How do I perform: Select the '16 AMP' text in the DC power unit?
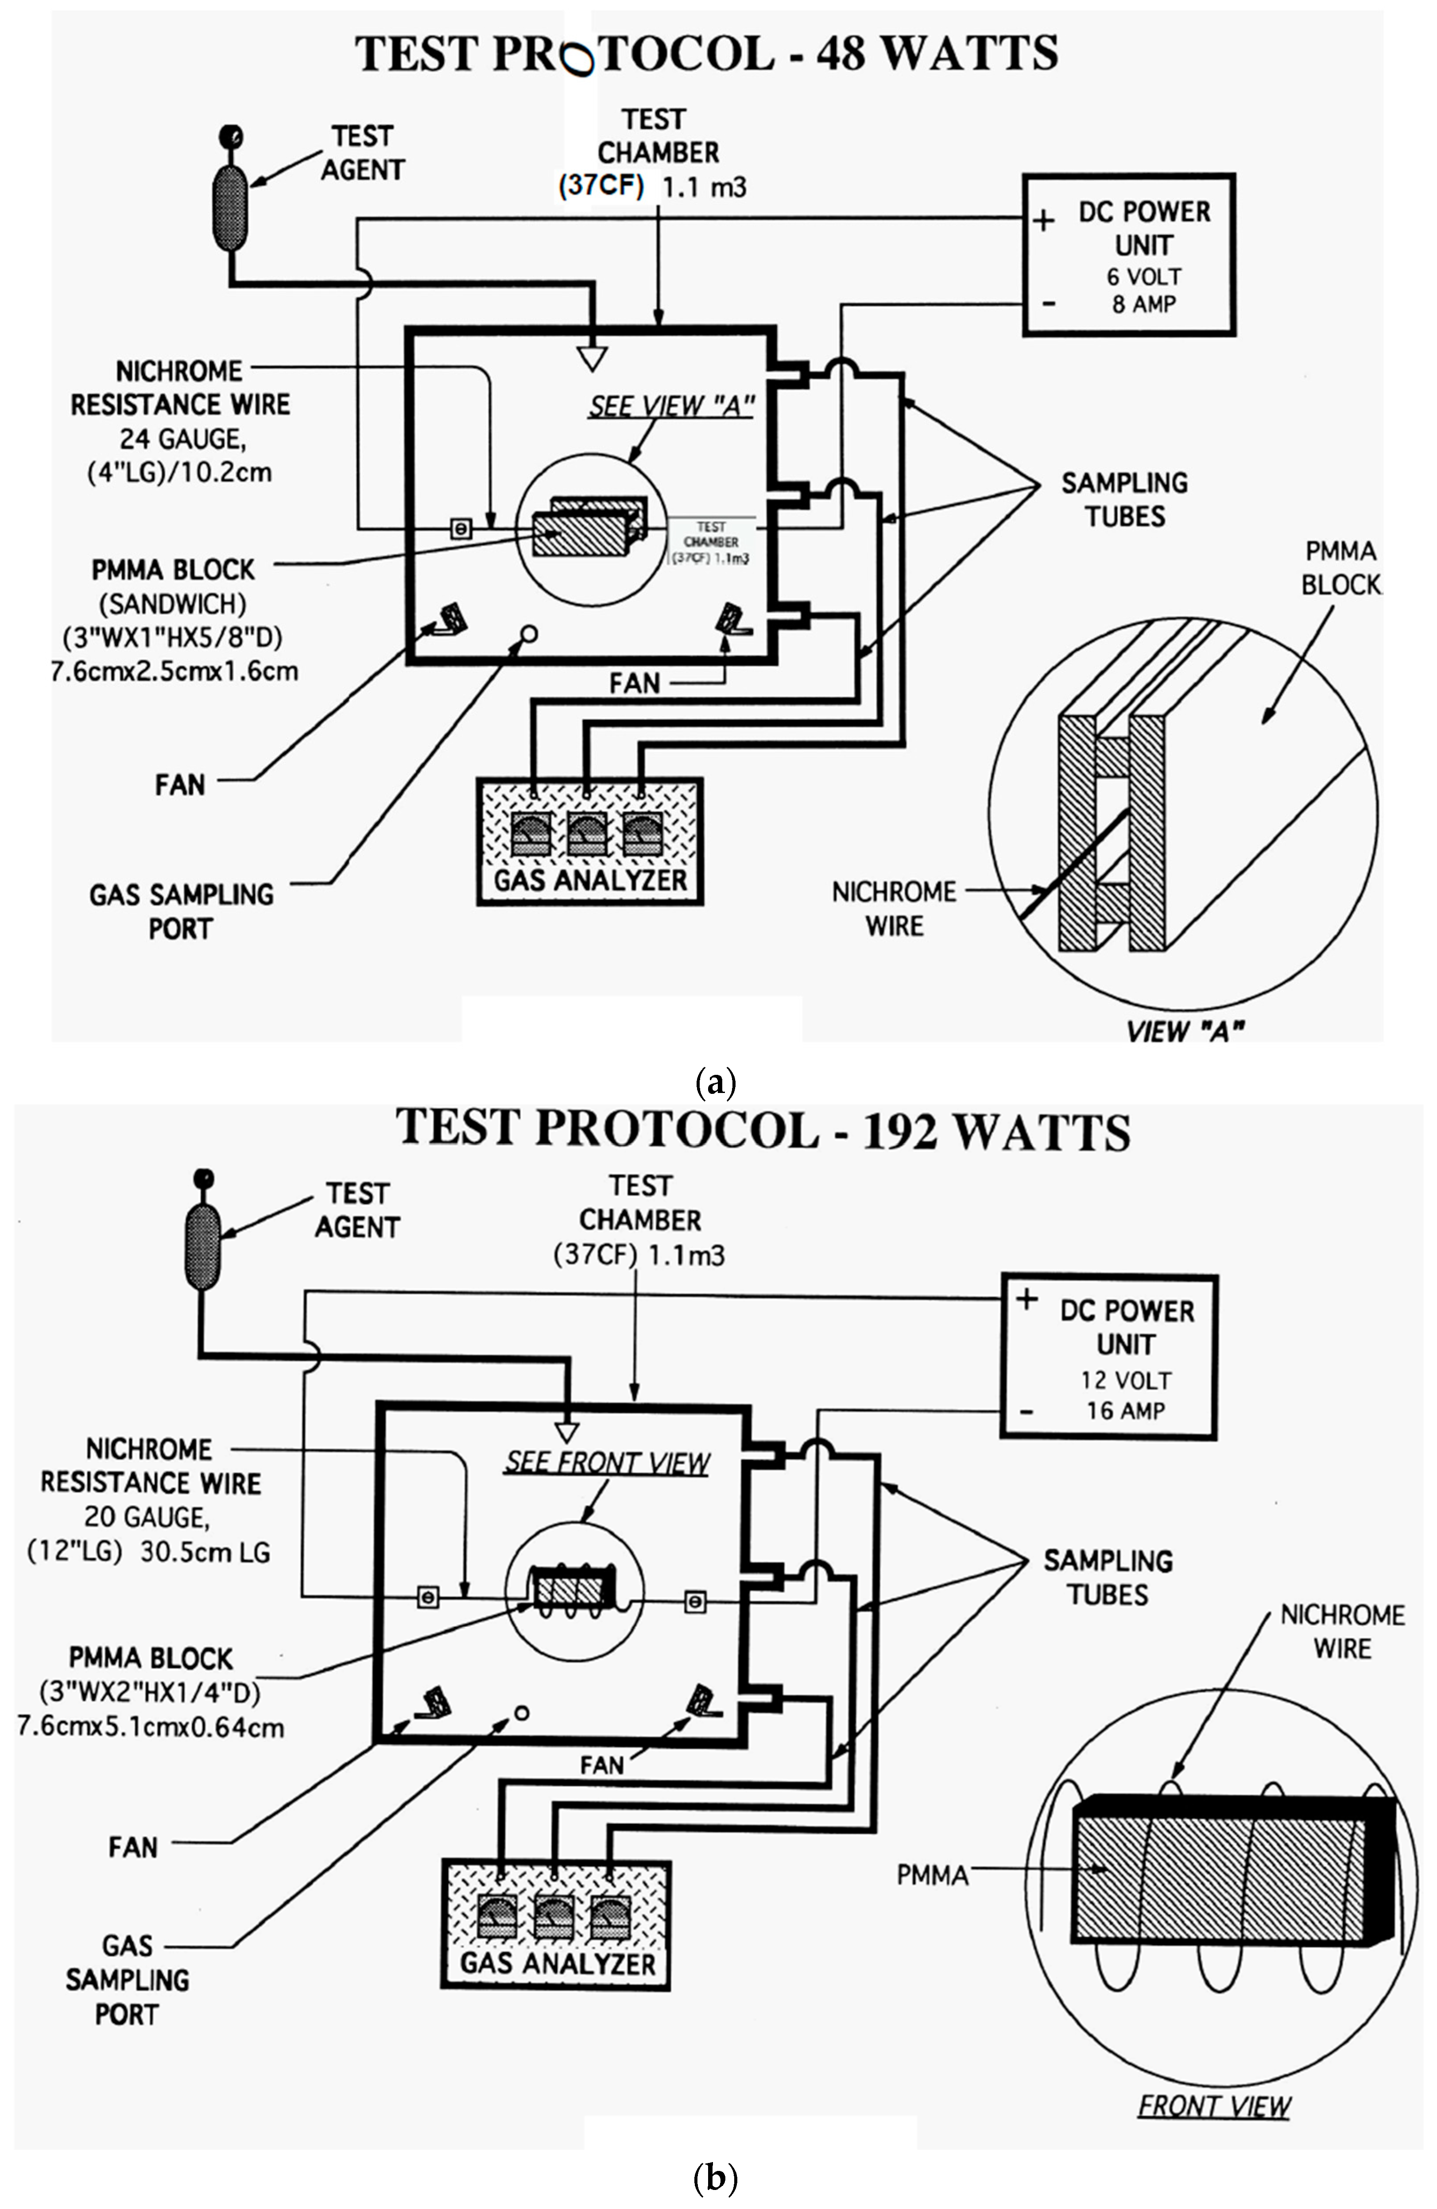(x=1125, y=1411)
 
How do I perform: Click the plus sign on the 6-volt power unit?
(x=1043, y=221)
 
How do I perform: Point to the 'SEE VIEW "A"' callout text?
(x=670, y=406)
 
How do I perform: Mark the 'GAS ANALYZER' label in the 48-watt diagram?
(x=589, y=880)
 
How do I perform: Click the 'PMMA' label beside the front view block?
(x=932, y=1876)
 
